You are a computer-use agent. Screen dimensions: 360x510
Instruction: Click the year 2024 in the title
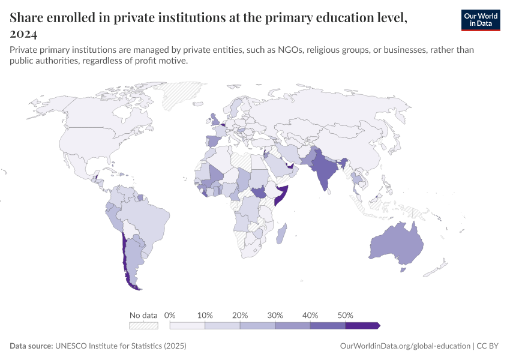pos(24,34)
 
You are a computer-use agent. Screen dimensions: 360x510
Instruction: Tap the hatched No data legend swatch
pos(143,325)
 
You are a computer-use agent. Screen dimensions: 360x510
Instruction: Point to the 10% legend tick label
pos(205,315)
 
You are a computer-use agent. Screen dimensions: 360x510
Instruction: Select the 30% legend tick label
pos(275,315)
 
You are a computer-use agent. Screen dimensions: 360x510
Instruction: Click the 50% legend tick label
pos(345,315)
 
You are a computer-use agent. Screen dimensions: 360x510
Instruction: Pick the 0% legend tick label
pos(170,315)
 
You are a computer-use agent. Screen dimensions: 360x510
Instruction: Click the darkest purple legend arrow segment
pos(362,325)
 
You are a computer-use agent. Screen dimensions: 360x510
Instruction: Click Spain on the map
pos(214,141)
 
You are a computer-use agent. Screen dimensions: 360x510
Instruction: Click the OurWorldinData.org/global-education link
pos(405,346)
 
